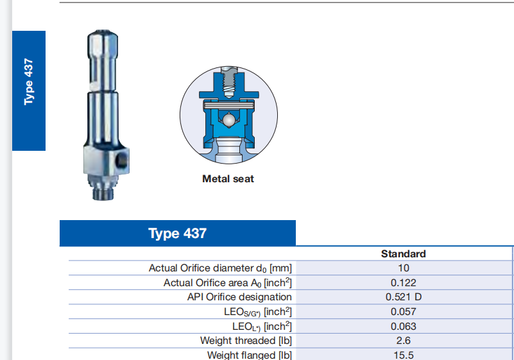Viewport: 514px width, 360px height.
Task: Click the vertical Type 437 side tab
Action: pyautogui.click(x=29, y=91)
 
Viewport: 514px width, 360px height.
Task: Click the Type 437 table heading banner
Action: pyautogui.click(x=177, y=233)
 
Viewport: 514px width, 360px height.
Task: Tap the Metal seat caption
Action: pyautogui.click(x=228, y=178)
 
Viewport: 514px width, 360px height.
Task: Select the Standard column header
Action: pyautogui.click(x=403, y=253)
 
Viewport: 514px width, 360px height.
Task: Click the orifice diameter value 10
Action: pyautogui.click(x=404, y=268)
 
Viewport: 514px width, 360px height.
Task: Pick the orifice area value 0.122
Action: pyautogui.click(x=404, y=282)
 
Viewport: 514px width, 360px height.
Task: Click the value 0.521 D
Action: pyautogui.click(x=404, y=297)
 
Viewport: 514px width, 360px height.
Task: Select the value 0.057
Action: pyautogui.click(x=404, y=311)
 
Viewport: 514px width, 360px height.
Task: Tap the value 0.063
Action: pyautogui.click(x=404, y=326)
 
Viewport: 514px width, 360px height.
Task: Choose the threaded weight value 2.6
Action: pyautogui.click(x=403, y=341)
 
